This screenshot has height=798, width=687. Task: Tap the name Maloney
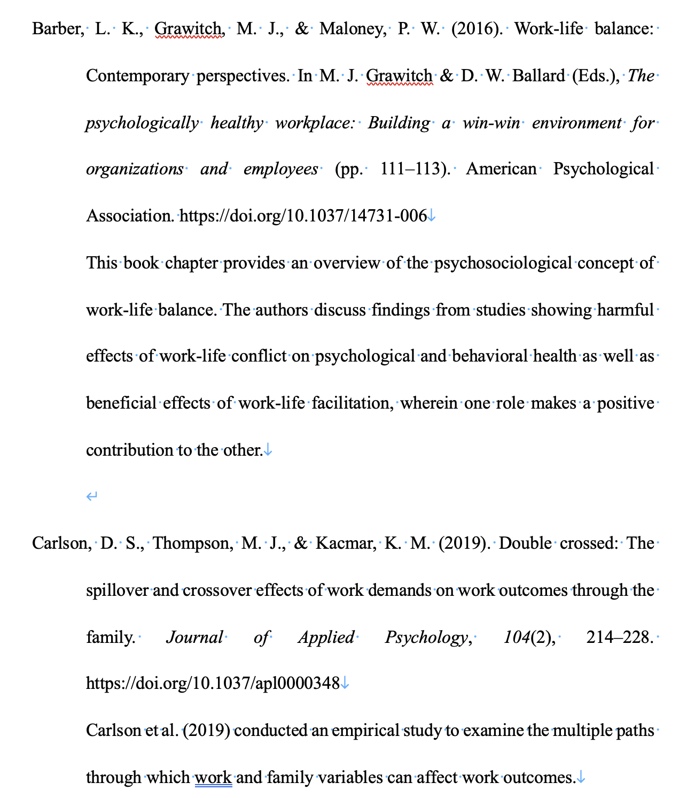click(x=353, y=29)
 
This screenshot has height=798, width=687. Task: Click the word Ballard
click(x=538, y=76)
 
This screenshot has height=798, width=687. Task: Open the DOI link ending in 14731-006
click(x=303, y=216)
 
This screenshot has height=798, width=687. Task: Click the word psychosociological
click(x=503, y=263)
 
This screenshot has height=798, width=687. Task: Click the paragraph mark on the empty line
click(x=92, y=497)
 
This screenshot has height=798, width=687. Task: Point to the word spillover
click(x=118, y=590)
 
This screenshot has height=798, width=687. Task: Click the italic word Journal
click(x=194, y=638)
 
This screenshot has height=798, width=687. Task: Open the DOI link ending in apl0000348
click(x=213, y=684)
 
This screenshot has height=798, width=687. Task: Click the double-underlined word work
click(x=214, y=777)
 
